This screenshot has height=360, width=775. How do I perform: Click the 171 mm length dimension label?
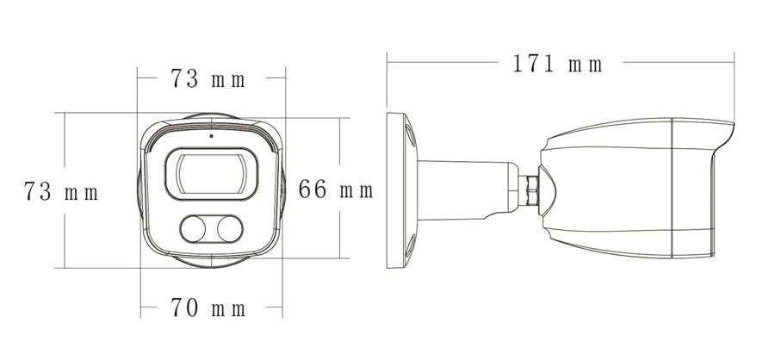coord(557,64)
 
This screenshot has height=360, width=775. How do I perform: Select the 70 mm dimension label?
coord(208,307)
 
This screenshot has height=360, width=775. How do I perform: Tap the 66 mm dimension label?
coord(336,189)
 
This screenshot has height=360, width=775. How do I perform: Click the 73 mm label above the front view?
coord(208,78)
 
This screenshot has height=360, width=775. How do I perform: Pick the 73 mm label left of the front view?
coord(61,191)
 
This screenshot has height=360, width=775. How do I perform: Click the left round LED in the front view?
coord(193,229)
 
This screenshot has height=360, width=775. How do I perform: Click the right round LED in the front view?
coord(230,229)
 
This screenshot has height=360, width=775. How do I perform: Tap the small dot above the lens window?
coord(211,135)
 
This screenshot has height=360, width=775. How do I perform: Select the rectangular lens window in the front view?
coord(211,174)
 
